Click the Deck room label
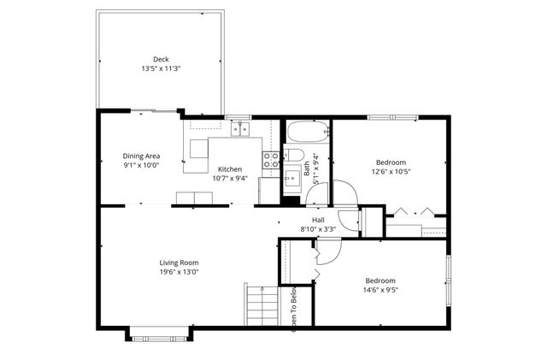click(x=161, y=59)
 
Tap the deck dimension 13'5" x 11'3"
click(x=161, y=68)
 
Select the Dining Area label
click(x=141, y=156)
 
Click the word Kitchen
click(x=230, y=169)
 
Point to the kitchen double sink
click(x=240, y=130)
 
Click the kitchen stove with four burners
click(x=270, y=160)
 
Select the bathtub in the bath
click(x=305, y=133)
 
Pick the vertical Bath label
click(x=308, y=169)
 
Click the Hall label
click(x=318, y=220)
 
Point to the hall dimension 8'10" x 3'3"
click(x=318, y=228)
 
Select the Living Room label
click(x=179, y=263)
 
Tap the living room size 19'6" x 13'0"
click(x=179, y=272)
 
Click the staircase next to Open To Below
click(x=262, y=304)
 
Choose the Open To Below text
click(x=294, y=308)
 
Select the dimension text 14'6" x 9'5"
click(x=380, y=290)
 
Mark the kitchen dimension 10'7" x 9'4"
click(x=230, y=179)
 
